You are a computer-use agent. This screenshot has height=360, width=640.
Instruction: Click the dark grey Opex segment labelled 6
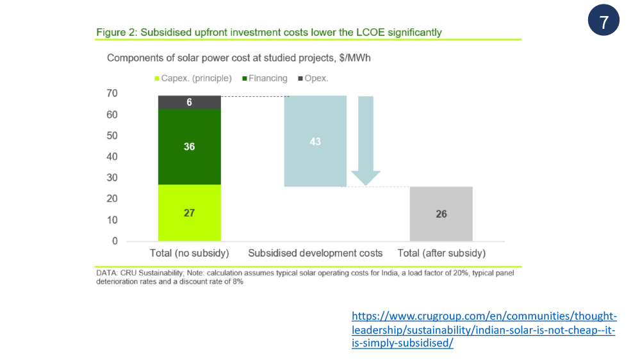190,102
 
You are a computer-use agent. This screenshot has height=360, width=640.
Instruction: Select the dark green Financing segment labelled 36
190,147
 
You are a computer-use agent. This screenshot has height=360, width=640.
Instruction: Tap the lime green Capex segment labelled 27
190,213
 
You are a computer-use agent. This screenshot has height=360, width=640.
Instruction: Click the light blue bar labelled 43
315,141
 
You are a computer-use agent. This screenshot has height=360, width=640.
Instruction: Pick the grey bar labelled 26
441,214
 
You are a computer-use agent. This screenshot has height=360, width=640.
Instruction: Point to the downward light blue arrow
366,140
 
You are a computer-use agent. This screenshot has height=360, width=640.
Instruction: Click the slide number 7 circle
603,20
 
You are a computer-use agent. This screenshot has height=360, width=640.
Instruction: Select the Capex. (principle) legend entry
193,78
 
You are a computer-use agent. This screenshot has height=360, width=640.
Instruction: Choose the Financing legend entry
265,78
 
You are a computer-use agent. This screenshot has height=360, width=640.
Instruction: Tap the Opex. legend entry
313,78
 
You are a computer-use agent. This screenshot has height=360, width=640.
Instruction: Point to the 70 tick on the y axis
112,94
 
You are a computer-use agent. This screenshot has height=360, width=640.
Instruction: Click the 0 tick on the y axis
115,241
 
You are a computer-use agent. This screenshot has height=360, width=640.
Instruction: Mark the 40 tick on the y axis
112,157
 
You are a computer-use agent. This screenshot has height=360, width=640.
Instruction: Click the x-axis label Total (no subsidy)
190,254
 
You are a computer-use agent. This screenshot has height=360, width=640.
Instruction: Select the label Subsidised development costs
315,254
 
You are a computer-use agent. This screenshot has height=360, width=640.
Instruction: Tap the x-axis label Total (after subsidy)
441,254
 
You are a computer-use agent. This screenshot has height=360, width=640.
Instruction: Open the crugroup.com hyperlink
484,329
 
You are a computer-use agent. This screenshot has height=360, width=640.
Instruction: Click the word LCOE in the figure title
370,32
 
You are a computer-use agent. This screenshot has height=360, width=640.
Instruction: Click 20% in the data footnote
461,273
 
